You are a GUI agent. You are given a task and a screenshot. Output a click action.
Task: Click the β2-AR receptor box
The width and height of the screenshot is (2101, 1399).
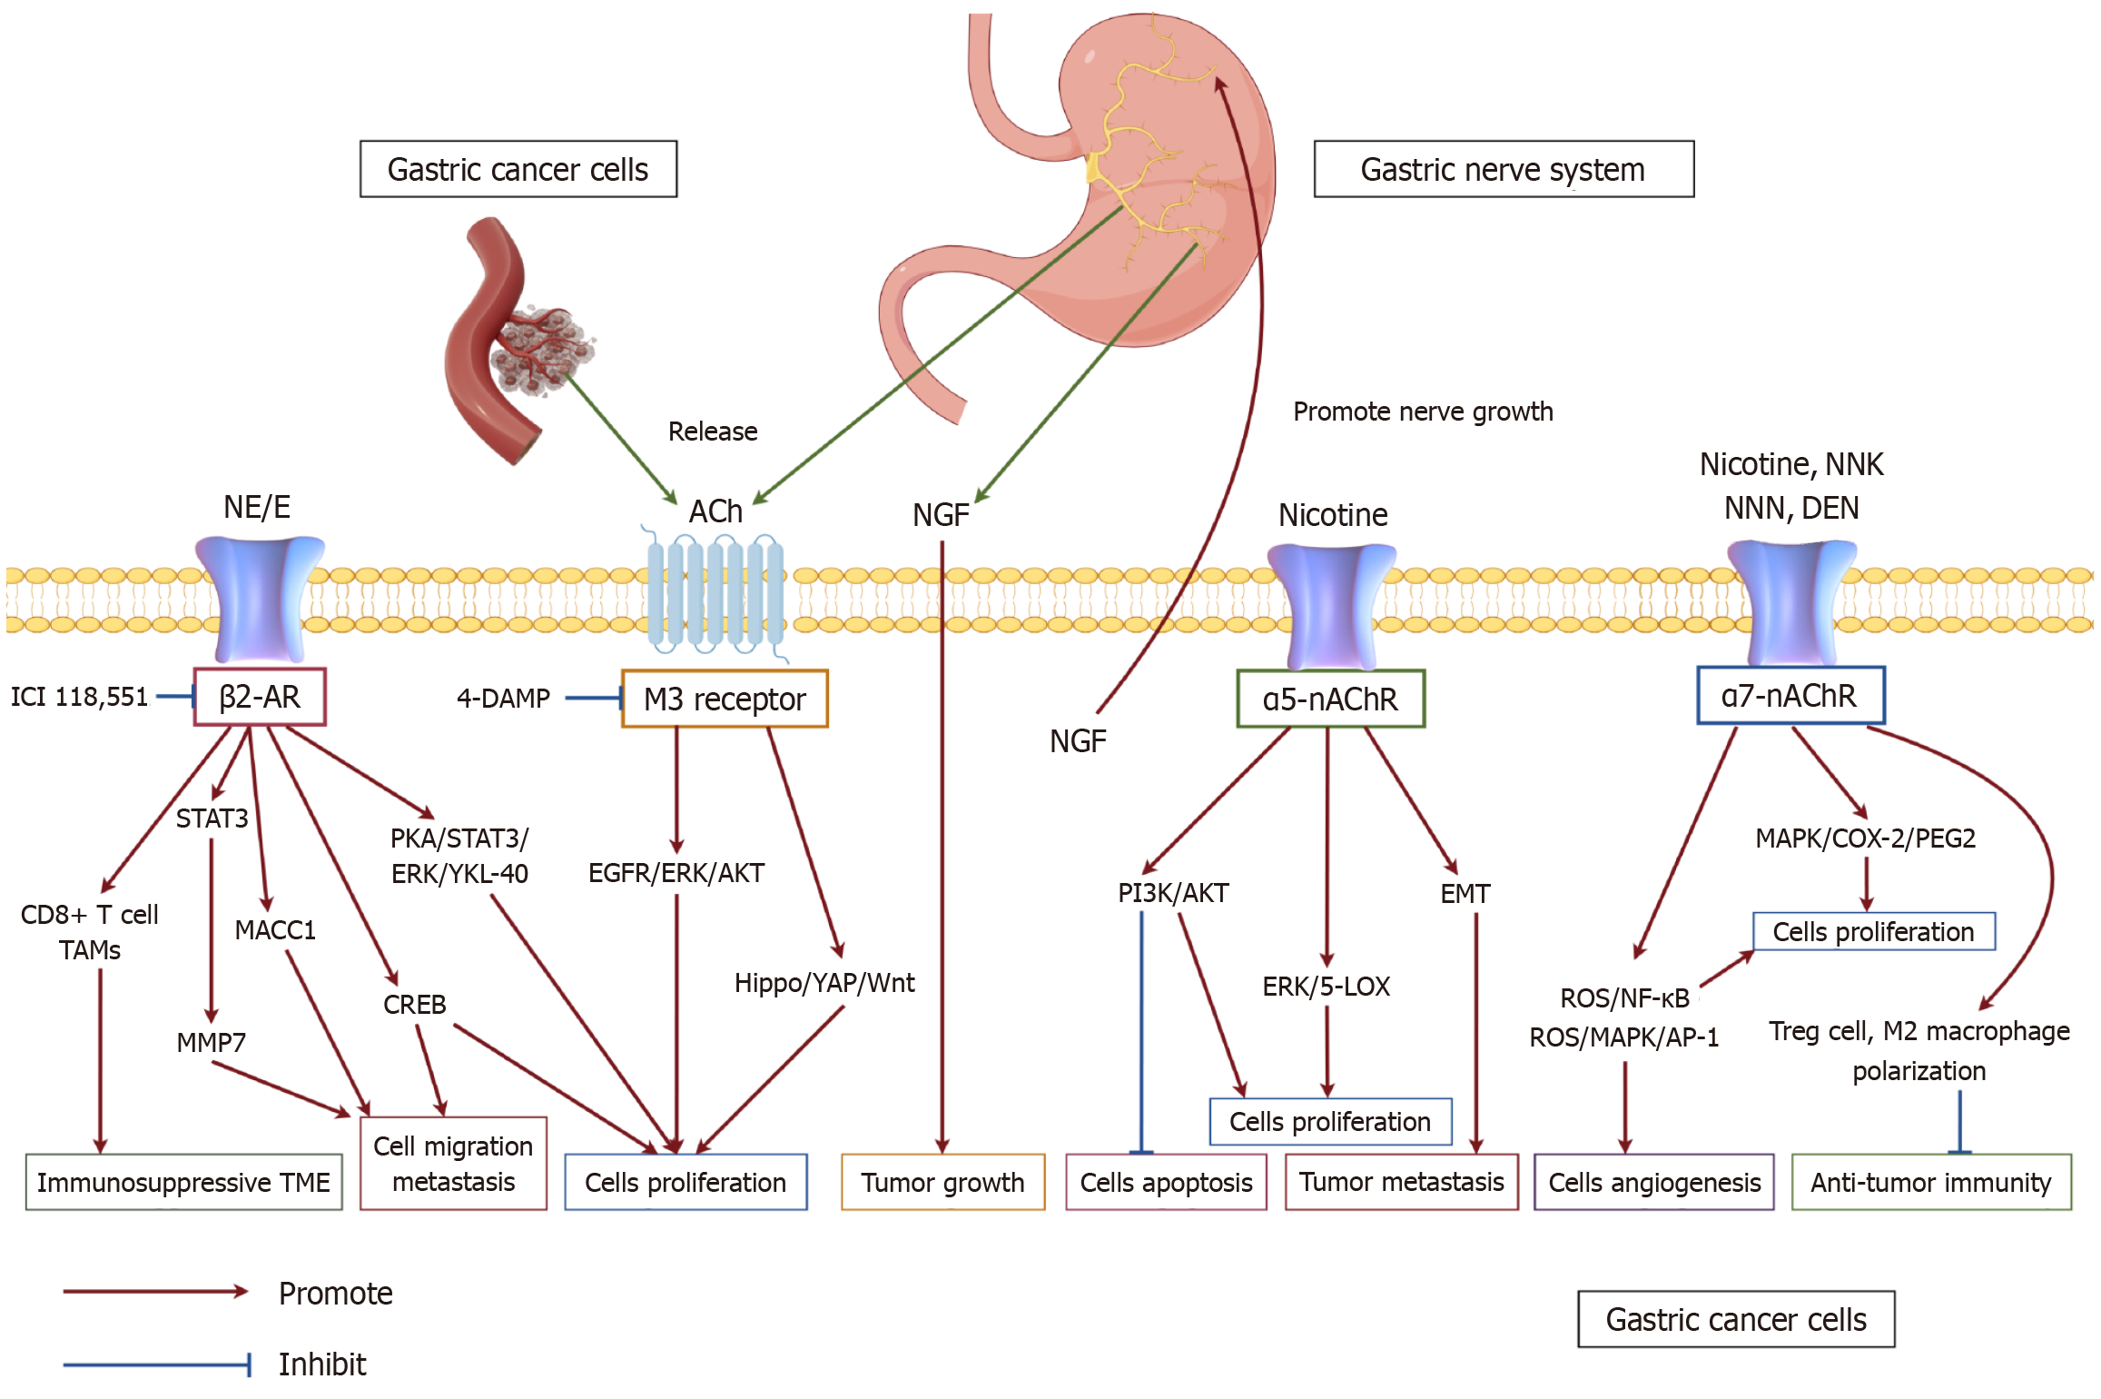pyautogui.click(x=260, y=697)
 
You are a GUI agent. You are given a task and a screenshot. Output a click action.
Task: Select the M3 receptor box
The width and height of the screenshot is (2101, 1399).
pyautogui.click(x=725, y=699)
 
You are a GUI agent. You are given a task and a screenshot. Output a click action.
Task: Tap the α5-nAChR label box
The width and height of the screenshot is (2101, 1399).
pyautogui.click(x=1330, y=699)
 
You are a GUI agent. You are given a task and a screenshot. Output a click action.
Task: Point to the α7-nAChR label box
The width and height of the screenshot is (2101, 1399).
pyautogui.click(x=1790, y=696)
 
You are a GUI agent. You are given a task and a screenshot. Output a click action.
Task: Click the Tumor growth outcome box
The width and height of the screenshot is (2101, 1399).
pyautogui.click(x=942, y=1182)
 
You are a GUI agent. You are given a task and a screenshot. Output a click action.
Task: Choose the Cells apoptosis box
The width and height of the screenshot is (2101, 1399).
pyautogui.click(x=1166, y=1182)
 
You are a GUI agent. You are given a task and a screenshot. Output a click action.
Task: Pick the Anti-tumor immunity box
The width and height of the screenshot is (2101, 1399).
pyautogui.click(x=1931, y=1182)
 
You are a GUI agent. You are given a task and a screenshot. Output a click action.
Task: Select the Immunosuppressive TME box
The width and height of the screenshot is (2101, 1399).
pyautogui.click(x=183, y=1182)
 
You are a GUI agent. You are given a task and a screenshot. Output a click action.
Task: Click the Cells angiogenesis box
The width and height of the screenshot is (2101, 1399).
pyautogui.click(x=1653, y=1182)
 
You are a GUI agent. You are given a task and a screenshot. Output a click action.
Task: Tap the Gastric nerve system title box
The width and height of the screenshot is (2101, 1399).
pyautogui.click(x=1504, y=169)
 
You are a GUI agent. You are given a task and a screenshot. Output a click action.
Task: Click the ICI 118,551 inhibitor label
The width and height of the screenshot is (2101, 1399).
pyautogui.click(x=79, y=697)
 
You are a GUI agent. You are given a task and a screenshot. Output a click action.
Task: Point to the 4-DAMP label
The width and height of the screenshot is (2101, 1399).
pyautogui.click(x=503, y=698)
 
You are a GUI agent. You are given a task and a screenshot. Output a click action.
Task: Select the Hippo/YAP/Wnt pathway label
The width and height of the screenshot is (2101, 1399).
pyautogui.click(x=824, y=983)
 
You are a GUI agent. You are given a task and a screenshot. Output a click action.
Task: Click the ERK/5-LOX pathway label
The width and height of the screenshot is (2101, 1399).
pyautogui.click(x=1326, y=987)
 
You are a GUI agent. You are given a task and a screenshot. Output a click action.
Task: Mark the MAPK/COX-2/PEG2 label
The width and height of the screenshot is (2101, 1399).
pyautogui.click(x=1865, y=838)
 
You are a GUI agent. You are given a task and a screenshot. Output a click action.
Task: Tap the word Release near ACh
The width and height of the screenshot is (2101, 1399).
pyautogui.click(x=713, y=432)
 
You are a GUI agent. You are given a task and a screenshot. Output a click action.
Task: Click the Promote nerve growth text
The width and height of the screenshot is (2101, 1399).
pyautogui.click(x=1423, y=412)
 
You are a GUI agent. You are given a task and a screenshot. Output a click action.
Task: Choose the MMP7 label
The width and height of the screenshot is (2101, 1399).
pyautogui.click(x=211, y=1042)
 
